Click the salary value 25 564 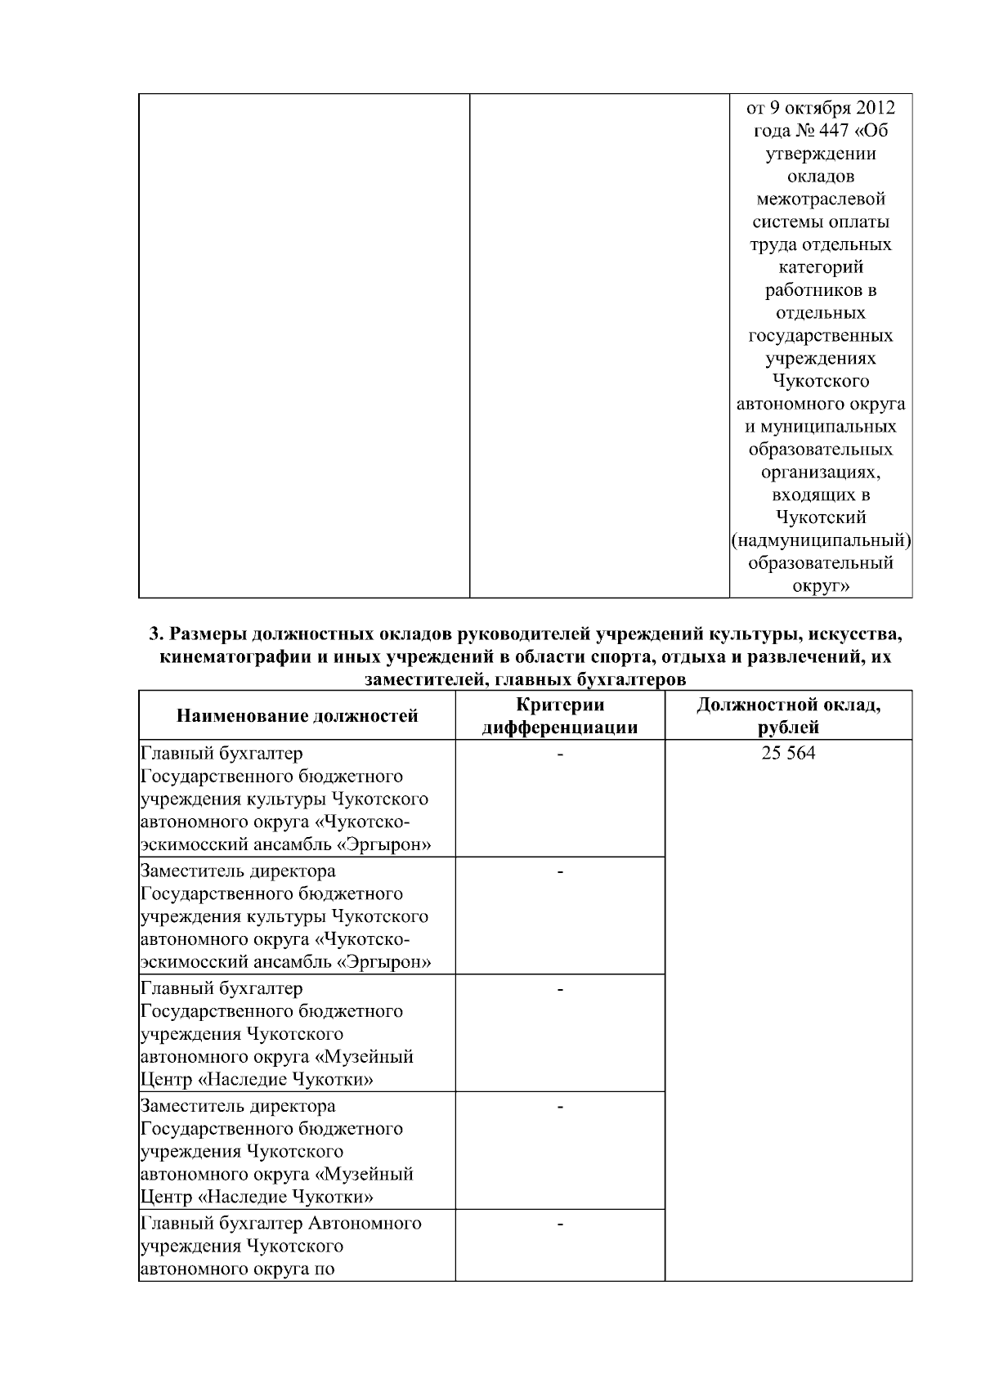tap(788, 754)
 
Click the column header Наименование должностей tap(298, 716)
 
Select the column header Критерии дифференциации tap(560, 716)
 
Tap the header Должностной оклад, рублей tap(788, 716)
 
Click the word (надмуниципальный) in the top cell tap(821, 540)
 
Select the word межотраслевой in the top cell tap(821, 199)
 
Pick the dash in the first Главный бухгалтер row tap(560, 754)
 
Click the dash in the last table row tap(560, 1224)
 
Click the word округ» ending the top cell tap(821, 585)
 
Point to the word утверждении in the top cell tap(821, 154)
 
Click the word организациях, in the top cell tap(821, 472)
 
